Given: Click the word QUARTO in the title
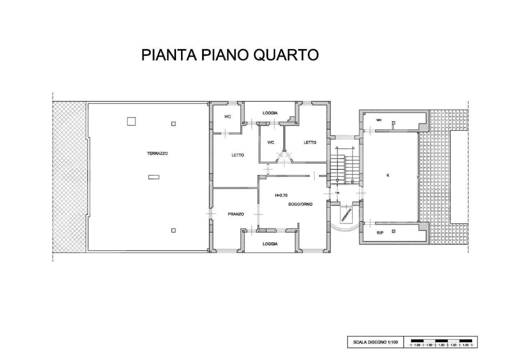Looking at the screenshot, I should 286,54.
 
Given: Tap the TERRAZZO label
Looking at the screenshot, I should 157,153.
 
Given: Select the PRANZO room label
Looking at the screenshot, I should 236,214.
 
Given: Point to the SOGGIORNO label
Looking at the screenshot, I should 300,204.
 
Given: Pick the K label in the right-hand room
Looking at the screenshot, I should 388,175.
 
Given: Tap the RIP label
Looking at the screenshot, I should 380,232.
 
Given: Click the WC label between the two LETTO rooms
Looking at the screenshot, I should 270,142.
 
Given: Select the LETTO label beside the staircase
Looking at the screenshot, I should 310,142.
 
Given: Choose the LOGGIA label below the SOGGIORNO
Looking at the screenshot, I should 270,244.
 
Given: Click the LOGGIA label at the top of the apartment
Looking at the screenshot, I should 270,113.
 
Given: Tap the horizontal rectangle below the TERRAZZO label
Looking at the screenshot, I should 154,176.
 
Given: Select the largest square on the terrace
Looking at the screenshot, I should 131,121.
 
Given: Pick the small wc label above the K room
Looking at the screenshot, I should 379,120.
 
